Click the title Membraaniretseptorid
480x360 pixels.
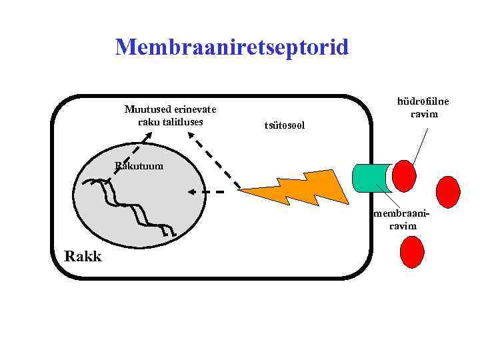[231, 47]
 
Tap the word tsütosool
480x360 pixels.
[284, 125]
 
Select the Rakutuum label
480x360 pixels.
[138, 166]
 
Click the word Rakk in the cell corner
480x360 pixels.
[82, 255]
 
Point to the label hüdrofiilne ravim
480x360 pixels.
[423, 108]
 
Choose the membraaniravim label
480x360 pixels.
[403, 220]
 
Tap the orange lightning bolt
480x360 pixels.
[293, 190]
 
